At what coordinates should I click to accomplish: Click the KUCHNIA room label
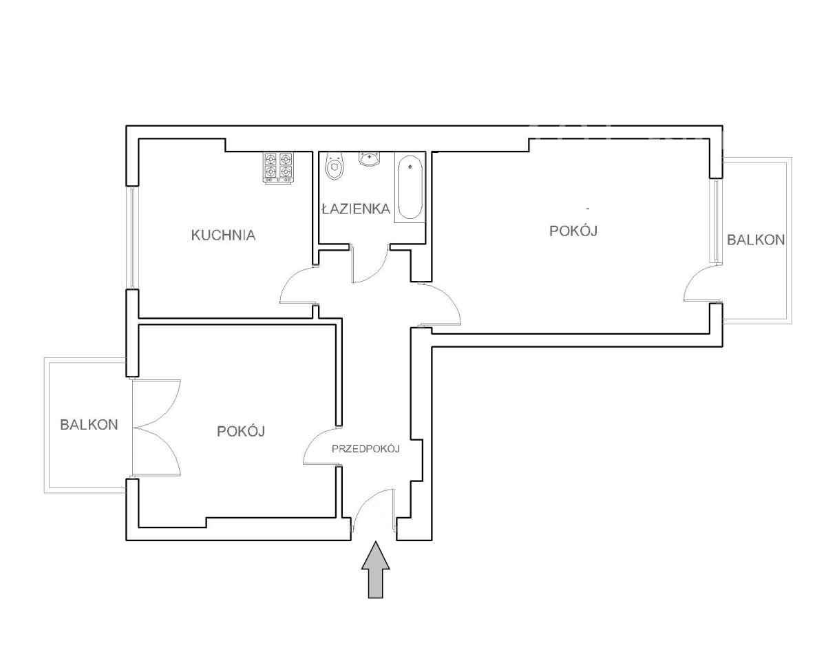click(223, 235)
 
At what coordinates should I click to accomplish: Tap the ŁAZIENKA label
click(356, 209)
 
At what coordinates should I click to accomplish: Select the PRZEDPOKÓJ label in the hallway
click(366, 449)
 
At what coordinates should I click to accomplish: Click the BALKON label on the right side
click(756, 240)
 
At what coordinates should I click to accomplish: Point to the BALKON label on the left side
click(89, 424)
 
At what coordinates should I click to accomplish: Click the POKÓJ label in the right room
click(573, 231)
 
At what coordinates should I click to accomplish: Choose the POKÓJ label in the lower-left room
click(241, 431)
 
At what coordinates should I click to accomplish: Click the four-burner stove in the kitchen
click(278, 167)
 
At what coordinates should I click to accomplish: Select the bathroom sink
click(369, 158)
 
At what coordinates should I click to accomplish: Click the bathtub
click(410, 187)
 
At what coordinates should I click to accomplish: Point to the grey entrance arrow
click(375, 569)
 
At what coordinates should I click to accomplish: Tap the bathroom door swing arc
click(376, 273)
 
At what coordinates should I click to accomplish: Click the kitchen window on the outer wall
click(132, 238)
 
